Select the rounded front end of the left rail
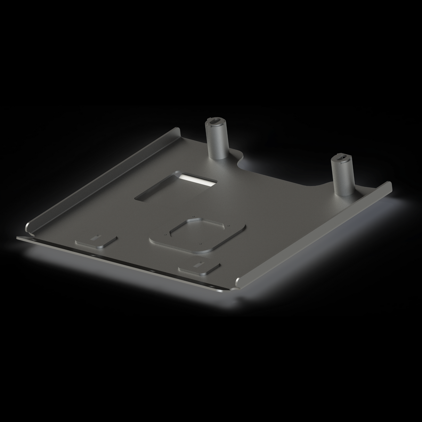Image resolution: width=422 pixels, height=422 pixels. tap(27, 229)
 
